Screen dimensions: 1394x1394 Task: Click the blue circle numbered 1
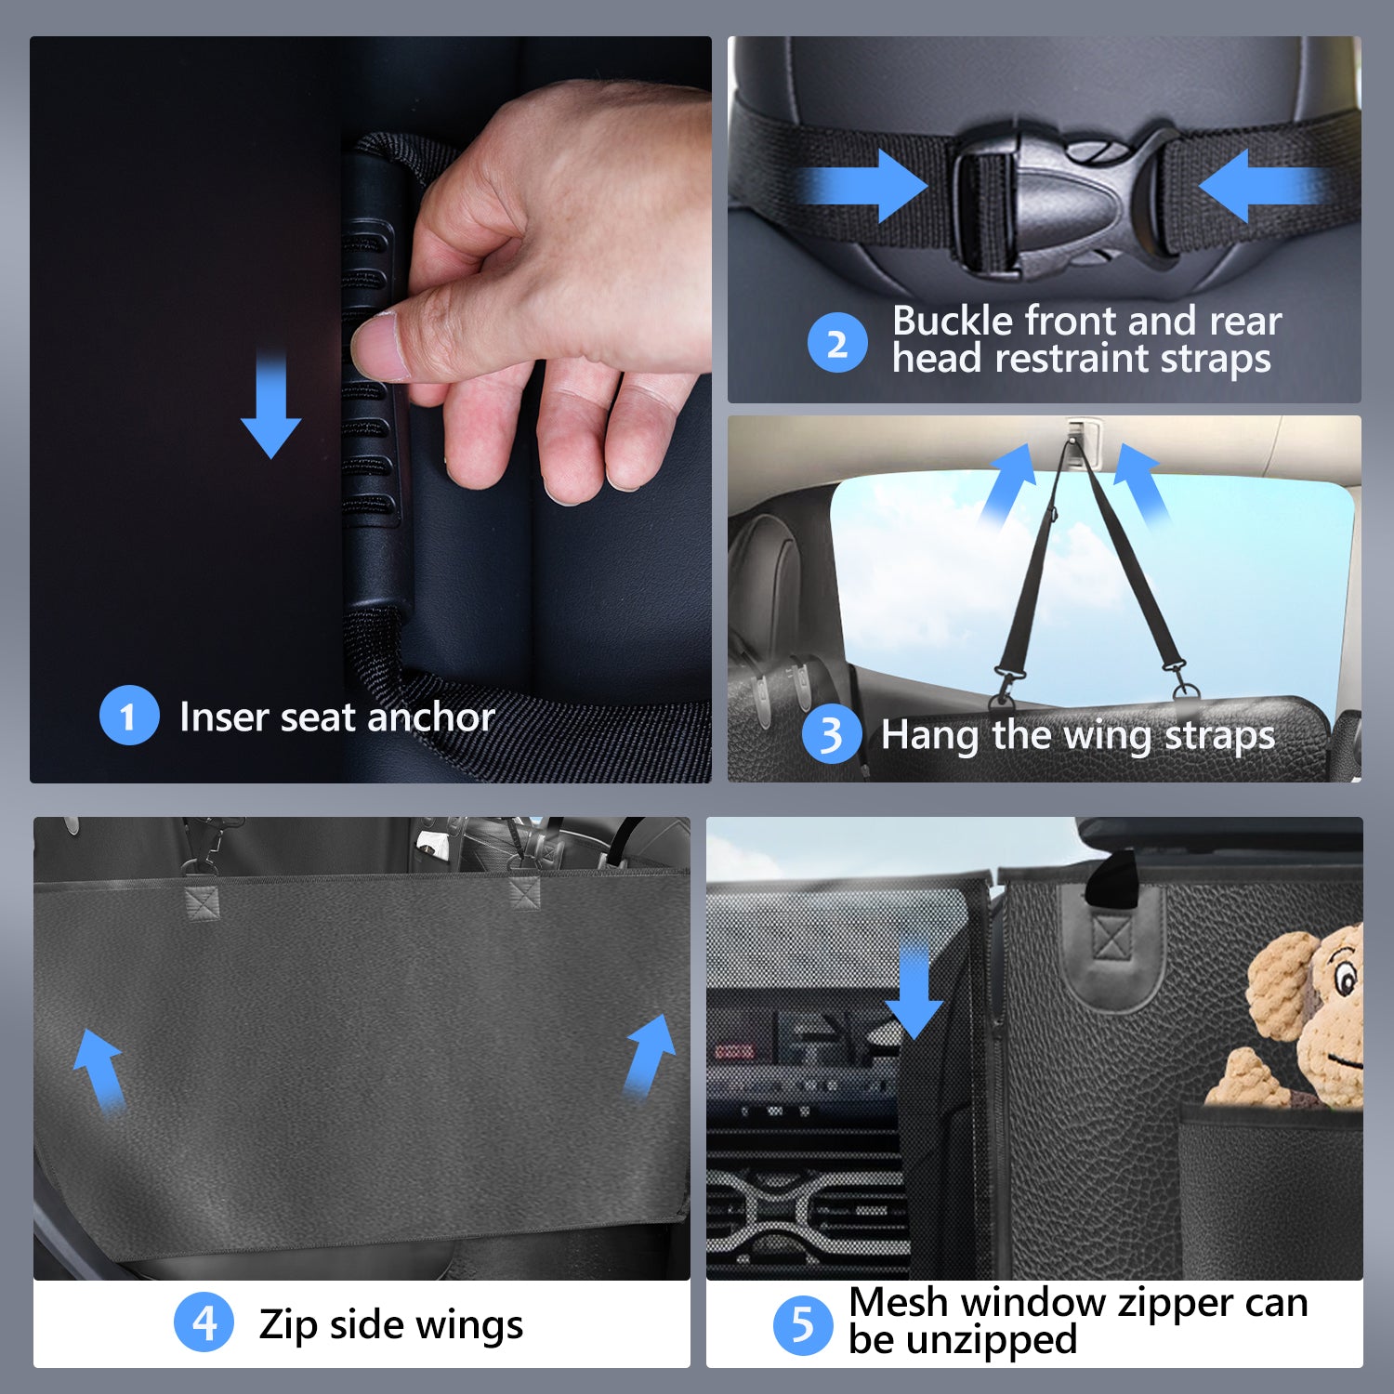[129, 715]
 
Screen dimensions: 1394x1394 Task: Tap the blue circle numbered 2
[837, 343]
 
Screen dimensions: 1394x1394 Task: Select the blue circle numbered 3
[832, 734]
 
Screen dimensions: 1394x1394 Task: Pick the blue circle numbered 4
[204, 1322]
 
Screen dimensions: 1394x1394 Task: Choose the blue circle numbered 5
[803, 1325]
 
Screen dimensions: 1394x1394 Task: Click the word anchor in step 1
[431, 717]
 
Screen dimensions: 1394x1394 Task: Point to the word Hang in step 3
[929, 736]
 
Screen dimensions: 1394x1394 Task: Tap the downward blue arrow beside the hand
[270, 405]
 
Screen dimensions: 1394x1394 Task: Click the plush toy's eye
[1344, 979]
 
